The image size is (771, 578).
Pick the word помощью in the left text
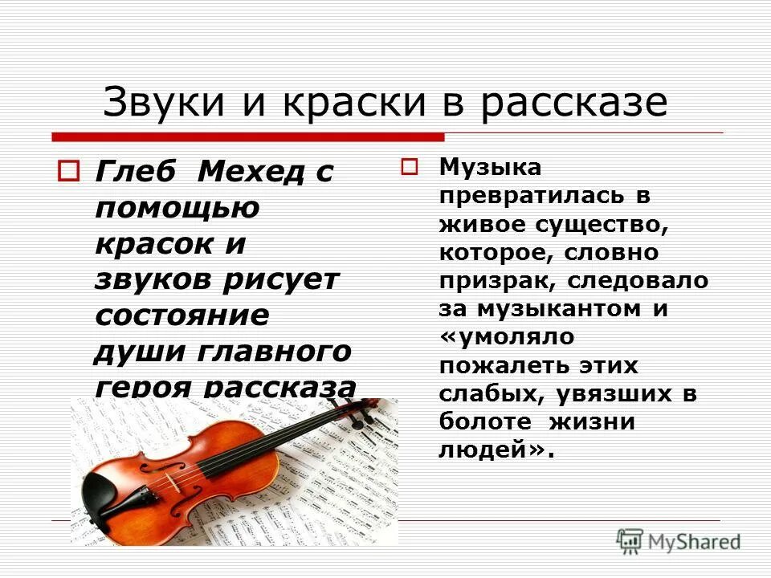pos(177,207)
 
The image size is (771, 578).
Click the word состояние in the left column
pos(182,314)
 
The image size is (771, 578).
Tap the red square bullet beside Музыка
pos(410,167)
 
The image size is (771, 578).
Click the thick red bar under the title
pos(248,136)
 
